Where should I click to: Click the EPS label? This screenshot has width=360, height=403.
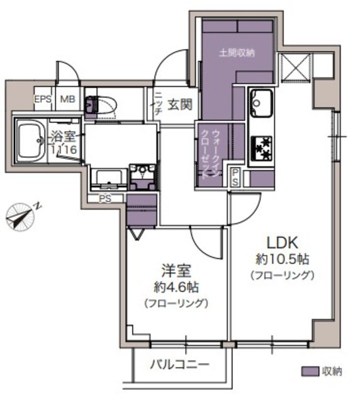click(42, 99)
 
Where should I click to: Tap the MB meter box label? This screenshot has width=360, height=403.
click(67, 99)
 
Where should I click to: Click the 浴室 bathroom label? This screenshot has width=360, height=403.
click(64, 135)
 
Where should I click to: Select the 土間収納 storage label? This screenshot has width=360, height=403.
click(237, 54)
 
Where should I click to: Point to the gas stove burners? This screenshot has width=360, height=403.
click(261, 149)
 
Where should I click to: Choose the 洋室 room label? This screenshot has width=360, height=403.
click(175, 271)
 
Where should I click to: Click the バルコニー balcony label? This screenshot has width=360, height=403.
click(179, 365)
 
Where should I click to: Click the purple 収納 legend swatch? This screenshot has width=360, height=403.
click(310, 371)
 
